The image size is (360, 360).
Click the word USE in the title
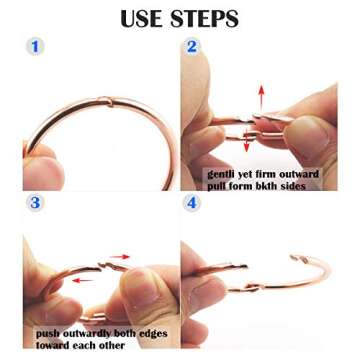click(x=142, y=18)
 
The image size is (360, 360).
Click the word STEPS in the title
click(x=205, y=18)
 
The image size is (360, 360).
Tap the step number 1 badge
click(x=35, y=47)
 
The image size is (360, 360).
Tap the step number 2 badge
click(x=192, y=47)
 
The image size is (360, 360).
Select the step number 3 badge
click(x=35, y=203)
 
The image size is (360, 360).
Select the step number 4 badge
click(x=192, y=203)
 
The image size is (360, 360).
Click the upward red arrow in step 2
click(x=261, y=97)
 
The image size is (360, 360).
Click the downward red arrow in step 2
click(x=247, y=142)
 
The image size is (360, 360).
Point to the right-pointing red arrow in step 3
click(x=120, y=257)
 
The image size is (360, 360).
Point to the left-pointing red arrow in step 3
click(x=83, y=281)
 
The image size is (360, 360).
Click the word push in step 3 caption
click(x=47, y=334)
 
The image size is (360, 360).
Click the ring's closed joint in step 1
click(x=106, y=101)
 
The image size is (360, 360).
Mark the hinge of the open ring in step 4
click(x=252, y=288)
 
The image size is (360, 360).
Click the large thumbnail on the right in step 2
click(x=308, y=137)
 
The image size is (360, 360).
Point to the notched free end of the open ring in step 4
click(x=299, y=259)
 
